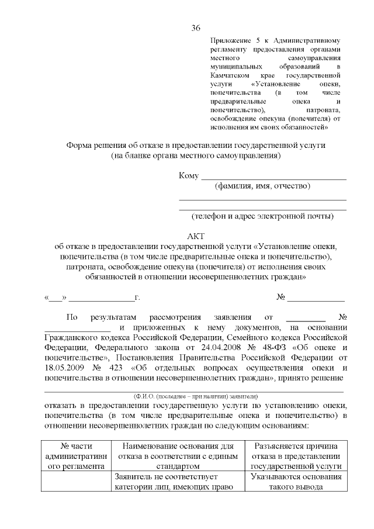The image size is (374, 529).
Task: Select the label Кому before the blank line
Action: pos(188,176)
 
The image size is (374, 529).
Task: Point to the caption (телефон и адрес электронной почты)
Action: pos(262,216)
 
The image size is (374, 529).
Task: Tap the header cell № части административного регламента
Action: pos(74,456)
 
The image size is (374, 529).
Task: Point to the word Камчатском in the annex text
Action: pos(231,76)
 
